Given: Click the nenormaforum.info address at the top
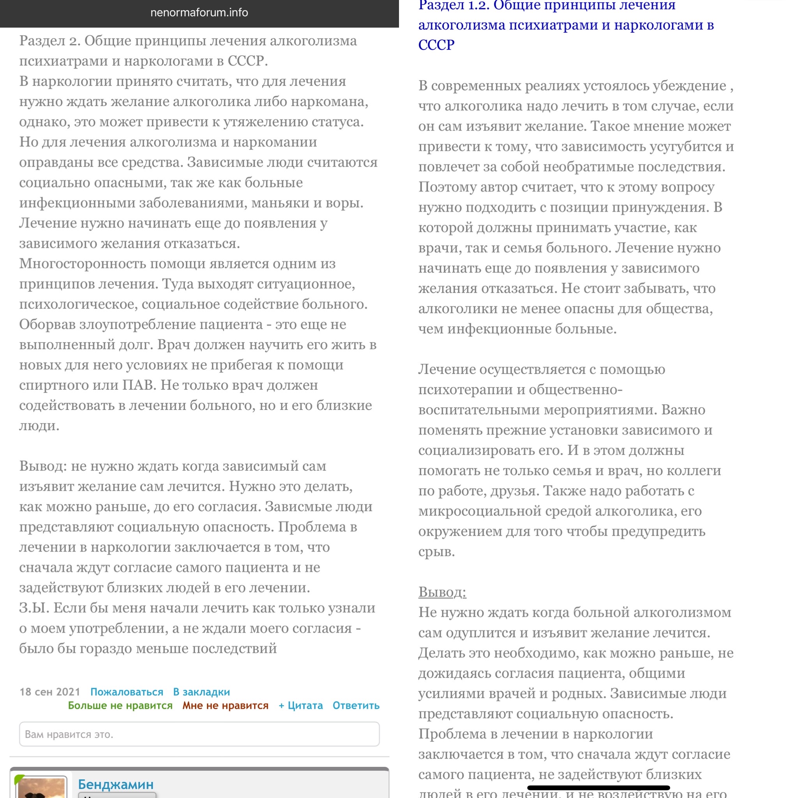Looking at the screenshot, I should (199, 13).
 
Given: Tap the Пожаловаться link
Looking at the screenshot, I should (127, 692).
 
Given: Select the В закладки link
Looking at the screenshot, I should (201, 692).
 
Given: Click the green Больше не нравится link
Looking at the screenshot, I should (120, 706).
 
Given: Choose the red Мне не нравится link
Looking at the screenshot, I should (226, 706).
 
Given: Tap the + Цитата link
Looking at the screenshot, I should (301, 706).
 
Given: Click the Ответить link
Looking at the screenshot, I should (356, 706).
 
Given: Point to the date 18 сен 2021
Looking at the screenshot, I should (50, 692).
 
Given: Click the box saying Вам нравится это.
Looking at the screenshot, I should (199, 734).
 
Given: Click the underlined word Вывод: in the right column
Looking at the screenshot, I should (442, 592).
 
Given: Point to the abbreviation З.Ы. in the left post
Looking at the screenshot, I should (34, 607).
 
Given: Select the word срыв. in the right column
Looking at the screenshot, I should (436, 551).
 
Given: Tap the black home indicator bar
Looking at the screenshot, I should (598, 787).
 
